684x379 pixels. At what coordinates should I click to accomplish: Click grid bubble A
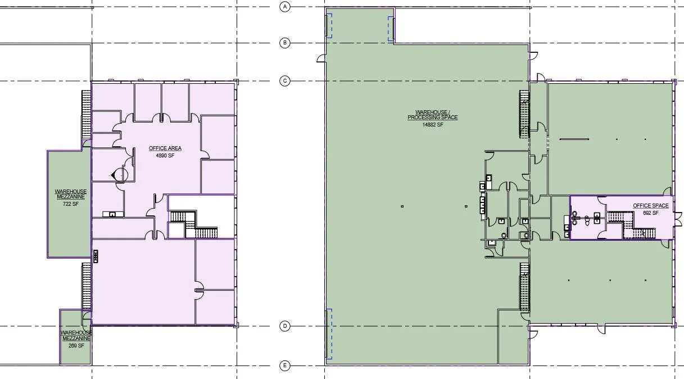[285, 7]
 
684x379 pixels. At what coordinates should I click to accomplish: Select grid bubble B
[285, 43]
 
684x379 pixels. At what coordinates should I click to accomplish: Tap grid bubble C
[285, 81]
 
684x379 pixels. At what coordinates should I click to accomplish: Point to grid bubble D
[285, 326]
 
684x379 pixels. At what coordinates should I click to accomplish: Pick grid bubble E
[285, 366]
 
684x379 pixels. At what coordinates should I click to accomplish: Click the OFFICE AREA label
[165, 148]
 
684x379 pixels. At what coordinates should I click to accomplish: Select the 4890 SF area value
[165, 155]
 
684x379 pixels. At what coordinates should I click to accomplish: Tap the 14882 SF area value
[433, 125]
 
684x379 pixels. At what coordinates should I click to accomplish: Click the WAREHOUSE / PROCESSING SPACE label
[433, 115]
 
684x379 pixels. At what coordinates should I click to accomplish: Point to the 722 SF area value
[71, 204]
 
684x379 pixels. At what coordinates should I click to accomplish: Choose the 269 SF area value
[76, 346]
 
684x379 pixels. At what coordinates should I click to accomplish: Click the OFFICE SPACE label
[651, 206]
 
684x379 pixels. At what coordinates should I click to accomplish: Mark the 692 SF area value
[651, 213]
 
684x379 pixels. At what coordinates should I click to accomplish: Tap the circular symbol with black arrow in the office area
[121, 175]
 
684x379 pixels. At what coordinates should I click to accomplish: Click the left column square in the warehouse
[402, 206]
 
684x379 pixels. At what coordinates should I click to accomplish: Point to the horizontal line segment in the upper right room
[574, 139]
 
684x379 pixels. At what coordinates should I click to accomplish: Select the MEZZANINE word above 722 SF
[71, 197]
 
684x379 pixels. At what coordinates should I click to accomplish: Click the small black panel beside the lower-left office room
[96, 256]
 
